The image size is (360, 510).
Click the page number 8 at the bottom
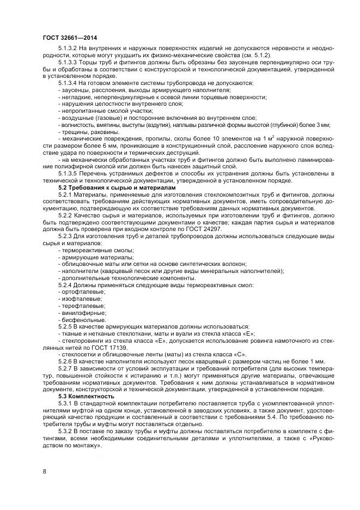[44, 470]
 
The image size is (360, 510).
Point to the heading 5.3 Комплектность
[86, 396]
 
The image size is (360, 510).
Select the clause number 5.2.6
[65, 361]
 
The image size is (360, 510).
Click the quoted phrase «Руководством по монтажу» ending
[76, 445]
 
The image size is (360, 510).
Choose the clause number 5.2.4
[65, 285]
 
